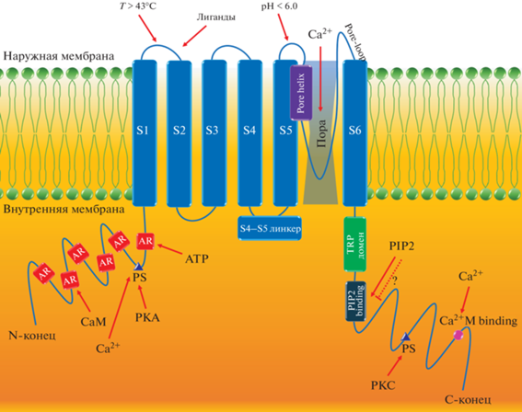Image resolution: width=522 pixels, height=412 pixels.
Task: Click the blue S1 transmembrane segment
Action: [145, 133]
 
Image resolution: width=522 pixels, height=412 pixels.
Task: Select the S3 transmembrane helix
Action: [215, 133]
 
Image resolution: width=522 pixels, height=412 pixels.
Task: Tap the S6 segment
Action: [354, 133]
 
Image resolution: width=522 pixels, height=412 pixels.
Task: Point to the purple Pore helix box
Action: [301, 93]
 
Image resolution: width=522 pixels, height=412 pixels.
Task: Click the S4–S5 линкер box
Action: [270, 228]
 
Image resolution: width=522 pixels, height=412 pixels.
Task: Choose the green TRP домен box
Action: [354, 244]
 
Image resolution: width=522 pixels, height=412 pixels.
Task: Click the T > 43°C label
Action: [138, 6]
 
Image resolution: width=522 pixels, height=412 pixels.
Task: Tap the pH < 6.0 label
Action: [279, 6]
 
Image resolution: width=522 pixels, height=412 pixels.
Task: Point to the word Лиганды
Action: [216, 17]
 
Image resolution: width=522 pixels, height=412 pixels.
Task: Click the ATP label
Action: [197, 258]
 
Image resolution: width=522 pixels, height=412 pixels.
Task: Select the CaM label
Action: [94, 322]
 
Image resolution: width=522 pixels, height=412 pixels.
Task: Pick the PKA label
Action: [147, 317]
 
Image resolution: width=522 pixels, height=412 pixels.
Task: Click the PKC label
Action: [383, 385]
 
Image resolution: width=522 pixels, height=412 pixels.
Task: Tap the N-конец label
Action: [32, 336]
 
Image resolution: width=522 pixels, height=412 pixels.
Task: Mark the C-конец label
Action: [468, 399]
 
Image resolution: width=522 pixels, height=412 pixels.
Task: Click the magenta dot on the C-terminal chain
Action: [458, 335]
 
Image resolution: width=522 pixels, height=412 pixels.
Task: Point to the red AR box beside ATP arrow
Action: [145, 241]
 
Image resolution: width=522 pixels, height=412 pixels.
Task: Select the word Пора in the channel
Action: [321, 133]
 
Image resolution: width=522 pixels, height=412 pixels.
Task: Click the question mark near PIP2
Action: [395, 281]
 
